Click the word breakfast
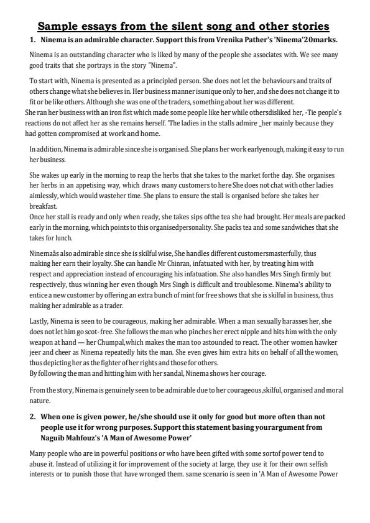43,206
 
